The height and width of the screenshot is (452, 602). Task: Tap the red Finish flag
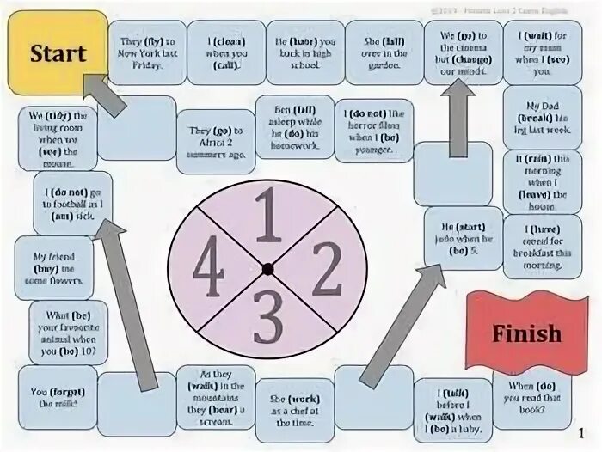526,332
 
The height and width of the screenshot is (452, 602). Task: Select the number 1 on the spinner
267,220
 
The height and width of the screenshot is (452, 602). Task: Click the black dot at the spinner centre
267,269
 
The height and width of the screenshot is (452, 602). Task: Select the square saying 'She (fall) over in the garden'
384,52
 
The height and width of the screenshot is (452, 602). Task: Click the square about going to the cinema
463,52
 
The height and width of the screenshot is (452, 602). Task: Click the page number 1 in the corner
582,432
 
